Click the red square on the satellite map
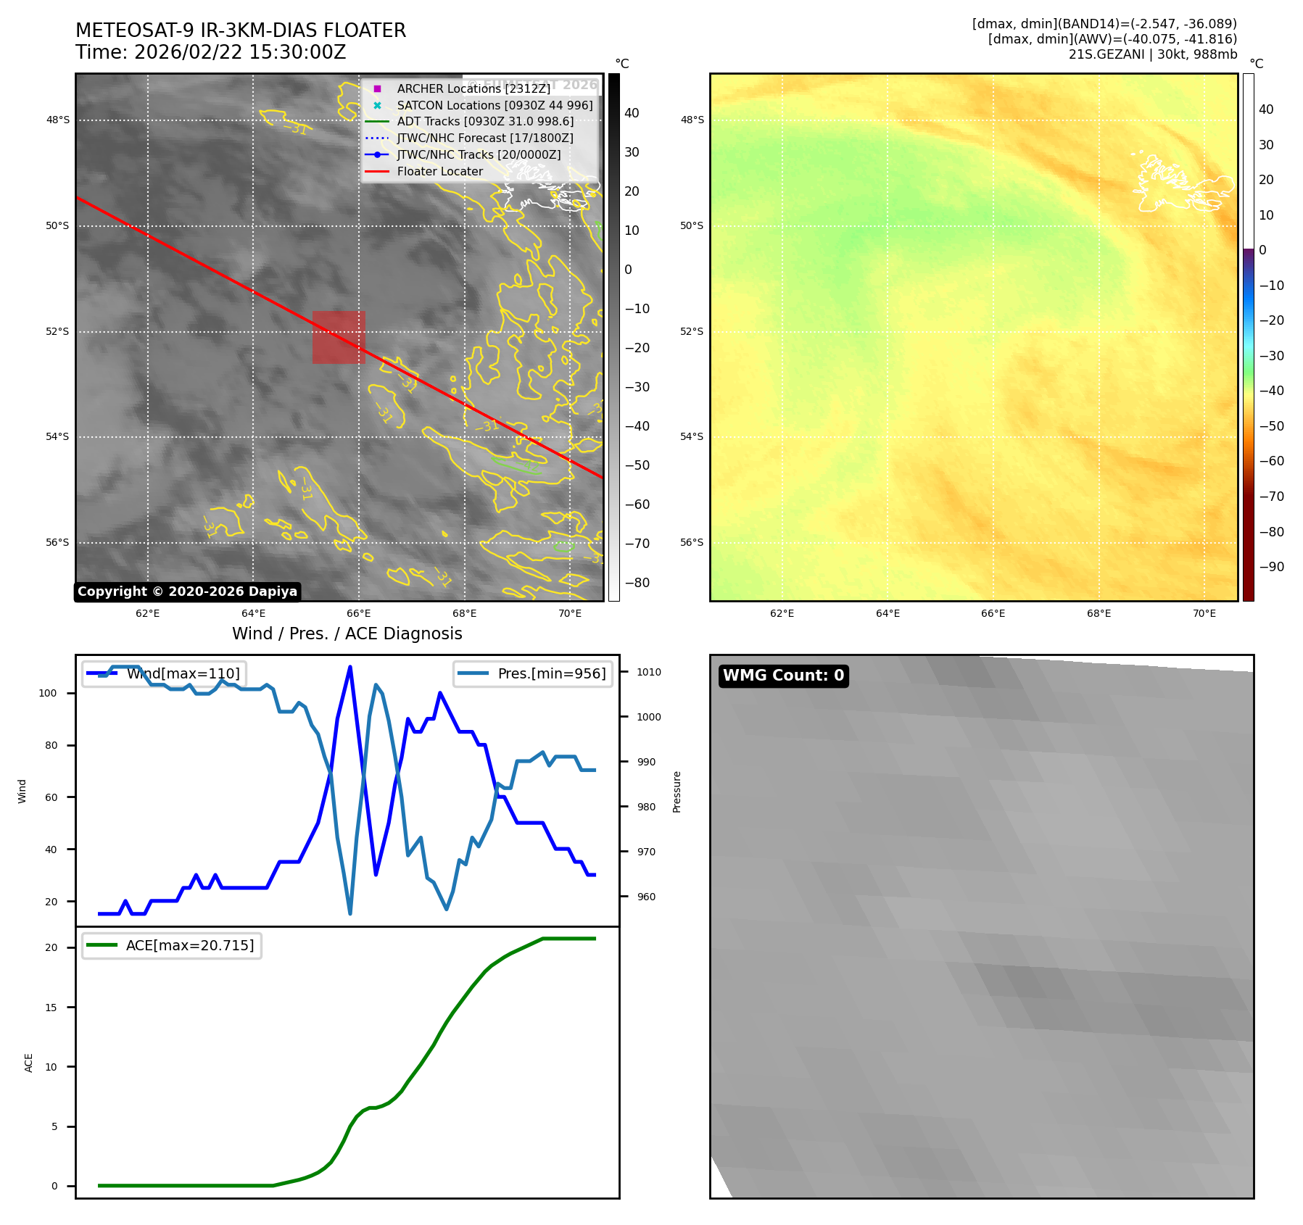(x=339, y=337)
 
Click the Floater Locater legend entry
(x=439, y=172)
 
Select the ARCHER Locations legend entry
(x=473, y=88)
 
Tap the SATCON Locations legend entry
(x=495, y=105)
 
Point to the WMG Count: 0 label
(x=783, y=676)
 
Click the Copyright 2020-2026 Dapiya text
(x=187, y=591)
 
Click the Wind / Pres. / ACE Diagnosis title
(x=347, y=634)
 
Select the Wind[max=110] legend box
(x=164, y=673)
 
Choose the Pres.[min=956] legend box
(x=533, y=673)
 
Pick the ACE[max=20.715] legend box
(x=172, y=945)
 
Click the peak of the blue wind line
(x=350, y=667)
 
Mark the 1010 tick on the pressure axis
(x=648, y=672)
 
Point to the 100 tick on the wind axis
(x=48, y=693)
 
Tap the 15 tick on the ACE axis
(x=51, y=1008)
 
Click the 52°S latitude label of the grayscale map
(x=57, y=331)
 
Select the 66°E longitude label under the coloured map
(x=993, y=613)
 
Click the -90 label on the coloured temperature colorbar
(x=1271, y=567)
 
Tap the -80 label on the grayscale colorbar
(x=637, y=583)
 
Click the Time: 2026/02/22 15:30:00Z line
(x=210, y=52)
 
